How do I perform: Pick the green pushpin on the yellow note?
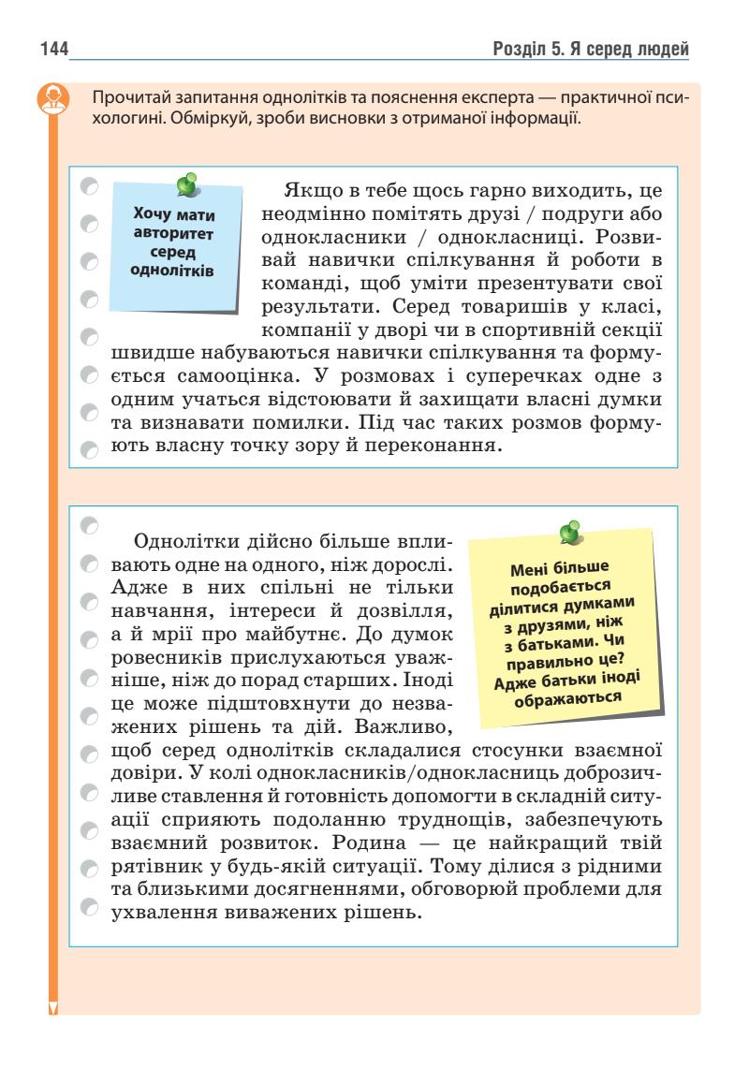click(x=568, y=532)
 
